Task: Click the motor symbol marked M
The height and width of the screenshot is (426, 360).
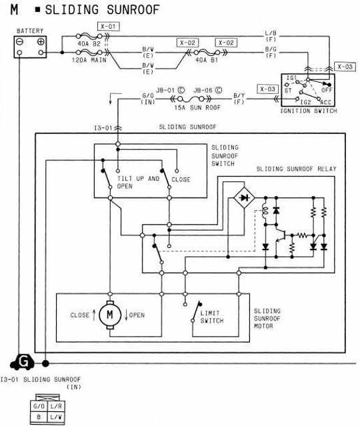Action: pyautogui.click(x=110, y=315)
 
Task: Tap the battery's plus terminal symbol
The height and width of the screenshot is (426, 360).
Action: pyautogui.click(x=41, y=42)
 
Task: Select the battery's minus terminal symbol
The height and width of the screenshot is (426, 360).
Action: pyautogui.click(x=19, y=42)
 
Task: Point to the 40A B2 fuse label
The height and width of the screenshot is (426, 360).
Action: pyautogui.click(x=89, y=44)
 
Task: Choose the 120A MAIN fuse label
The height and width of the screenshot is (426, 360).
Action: pyautogui.click(x=89, y=60)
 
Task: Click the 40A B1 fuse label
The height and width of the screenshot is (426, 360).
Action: pyautogui.click(x=207, y=60)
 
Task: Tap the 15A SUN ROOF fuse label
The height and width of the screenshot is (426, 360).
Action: pyautogui.click(x=197, y=107)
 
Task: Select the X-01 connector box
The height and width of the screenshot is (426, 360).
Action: pyautogui.click(x=109, y=27)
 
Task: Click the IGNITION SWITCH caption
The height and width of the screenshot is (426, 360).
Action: pyautogui.click(x=309, y=111)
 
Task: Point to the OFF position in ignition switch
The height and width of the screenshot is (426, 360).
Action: pyautogui.click(x=327, y=89)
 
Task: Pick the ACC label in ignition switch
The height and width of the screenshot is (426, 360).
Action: pyautogui.click(x=326, y=103)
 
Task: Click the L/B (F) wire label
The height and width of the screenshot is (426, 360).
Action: pyautogui.click(x=271, y=36)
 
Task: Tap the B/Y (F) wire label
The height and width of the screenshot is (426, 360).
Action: pyautogui.click(x=239, y=99)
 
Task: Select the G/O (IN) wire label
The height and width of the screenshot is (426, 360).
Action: pyautogui.click(x=148, y=99)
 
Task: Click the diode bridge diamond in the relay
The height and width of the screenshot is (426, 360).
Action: pyautogui.click(x=245, y=198)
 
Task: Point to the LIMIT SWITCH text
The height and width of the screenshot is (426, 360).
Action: pyautogui.click(x=212, y=317)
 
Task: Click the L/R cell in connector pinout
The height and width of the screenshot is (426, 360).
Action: pyautogui.click(x=56, y=406)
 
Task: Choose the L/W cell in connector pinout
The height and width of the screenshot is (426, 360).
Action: pyautogui.click(x=56, y=417)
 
